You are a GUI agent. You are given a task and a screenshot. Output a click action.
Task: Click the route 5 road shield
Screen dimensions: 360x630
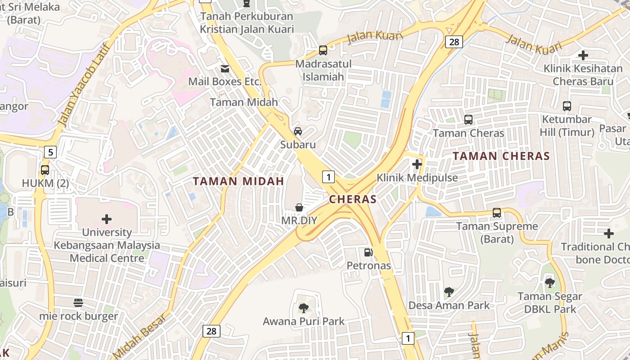click(x=50, y=152)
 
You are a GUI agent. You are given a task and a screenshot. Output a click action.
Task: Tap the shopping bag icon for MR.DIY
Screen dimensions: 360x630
click(x=299, y=207)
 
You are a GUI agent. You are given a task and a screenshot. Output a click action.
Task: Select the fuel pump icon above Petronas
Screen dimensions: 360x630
click(x=368, y=252)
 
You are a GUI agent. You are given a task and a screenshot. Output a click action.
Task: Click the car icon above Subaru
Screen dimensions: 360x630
click(x=298, y=131)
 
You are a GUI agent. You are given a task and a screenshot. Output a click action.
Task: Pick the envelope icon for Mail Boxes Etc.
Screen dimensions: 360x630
click(x=225, y=69)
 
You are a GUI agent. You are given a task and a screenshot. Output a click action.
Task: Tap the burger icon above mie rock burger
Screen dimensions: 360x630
click(x=78, y=303)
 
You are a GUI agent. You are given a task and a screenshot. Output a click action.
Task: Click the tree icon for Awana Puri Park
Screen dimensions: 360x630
click(x=304, y=308)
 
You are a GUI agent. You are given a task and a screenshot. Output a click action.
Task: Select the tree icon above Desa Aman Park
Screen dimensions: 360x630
click(x=449, y=292)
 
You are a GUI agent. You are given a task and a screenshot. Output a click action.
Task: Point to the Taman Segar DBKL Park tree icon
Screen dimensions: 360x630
click(x=549, y=283)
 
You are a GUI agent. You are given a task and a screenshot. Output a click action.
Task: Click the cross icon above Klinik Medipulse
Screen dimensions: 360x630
click(x=417, y=164)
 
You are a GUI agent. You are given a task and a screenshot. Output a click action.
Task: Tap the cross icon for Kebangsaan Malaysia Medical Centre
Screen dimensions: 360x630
click(x=107, y=219)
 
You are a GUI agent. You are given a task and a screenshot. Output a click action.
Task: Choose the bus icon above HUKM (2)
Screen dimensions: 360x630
click(x=45, y=170)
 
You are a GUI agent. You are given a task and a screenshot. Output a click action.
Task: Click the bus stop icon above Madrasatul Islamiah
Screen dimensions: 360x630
click(x=323, y=50)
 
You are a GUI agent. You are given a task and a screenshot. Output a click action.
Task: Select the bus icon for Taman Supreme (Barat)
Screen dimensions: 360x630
click(x=497, y=213)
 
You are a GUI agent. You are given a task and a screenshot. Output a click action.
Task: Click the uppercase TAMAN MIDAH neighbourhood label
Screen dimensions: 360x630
click(x=238, y=181)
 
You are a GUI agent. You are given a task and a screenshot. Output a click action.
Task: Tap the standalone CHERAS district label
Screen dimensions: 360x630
click(x=353, y=199)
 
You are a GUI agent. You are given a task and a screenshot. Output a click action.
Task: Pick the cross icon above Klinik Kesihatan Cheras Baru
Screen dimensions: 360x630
click(x=583, y=55)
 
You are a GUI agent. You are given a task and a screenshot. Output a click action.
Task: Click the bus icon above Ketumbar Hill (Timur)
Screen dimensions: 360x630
click(x=567, y=107)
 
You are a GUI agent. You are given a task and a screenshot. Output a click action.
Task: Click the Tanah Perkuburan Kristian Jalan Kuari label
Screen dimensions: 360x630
click(x=247, y=23)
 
